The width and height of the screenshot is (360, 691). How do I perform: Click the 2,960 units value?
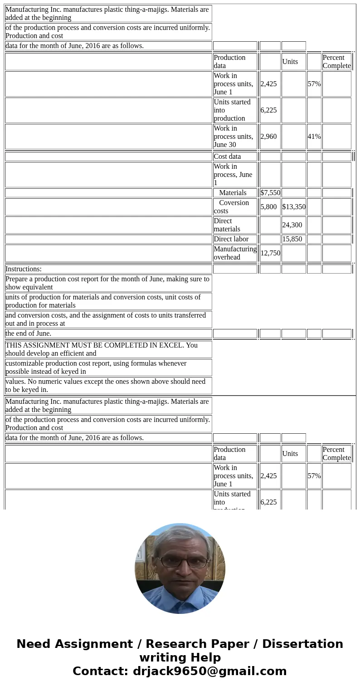268,137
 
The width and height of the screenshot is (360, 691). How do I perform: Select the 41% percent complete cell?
314,137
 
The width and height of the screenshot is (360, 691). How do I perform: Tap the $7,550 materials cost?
270,193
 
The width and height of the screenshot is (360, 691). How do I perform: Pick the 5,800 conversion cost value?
268,207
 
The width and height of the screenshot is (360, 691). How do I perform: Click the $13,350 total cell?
294,207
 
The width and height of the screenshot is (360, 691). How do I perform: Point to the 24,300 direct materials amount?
292,225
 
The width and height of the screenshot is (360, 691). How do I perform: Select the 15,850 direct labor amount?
292,239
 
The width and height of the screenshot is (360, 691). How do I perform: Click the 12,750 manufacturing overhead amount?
270,253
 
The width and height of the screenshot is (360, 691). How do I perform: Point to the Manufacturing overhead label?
235,253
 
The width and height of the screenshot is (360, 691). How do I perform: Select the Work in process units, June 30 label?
233,137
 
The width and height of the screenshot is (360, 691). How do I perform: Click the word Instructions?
24,269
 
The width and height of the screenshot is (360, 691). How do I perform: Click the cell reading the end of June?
28,333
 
